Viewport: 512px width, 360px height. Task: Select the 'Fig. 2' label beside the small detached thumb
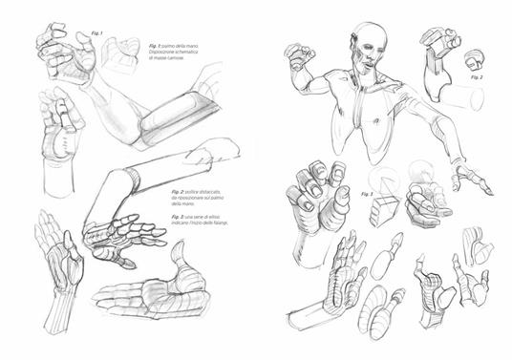477,77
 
